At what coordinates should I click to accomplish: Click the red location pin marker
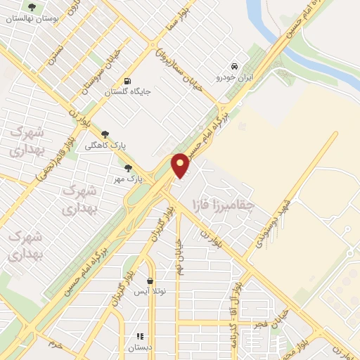(181, 165)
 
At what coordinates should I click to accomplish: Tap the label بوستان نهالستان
(30, 19)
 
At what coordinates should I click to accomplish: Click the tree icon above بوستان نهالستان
(30, 7)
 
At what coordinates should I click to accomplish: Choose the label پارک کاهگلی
(105, 146)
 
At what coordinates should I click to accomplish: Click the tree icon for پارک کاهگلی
(105, 134)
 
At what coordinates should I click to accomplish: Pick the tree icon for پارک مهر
(128, 168)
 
